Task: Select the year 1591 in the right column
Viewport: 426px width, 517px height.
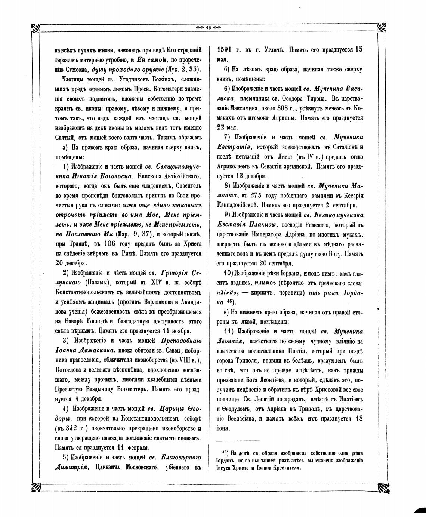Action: click(x=226, y=50)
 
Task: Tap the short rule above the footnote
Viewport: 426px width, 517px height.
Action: click(x=238, y=441)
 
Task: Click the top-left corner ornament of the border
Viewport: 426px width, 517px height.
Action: click(x=37, y=28)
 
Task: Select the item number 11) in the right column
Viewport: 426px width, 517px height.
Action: click(x=229, y=332)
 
